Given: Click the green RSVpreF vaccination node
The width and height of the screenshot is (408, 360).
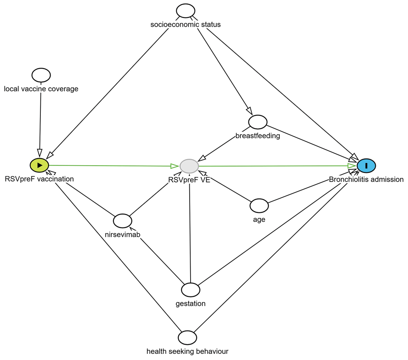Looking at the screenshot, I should point(39,165).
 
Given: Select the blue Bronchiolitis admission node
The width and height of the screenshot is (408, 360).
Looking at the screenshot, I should point(366,166).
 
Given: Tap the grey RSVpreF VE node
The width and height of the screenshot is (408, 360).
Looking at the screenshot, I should point(189,166).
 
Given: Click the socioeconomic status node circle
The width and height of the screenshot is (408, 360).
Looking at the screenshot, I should point(186,11).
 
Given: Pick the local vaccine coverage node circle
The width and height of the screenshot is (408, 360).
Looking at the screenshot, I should point(41,75).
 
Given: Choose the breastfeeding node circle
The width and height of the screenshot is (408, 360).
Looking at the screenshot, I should point(257,121).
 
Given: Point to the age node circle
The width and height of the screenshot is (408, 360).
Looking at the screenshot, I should point(259,205).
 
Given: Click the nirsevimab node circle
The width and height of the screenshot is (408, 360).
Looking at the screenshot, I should point(122,221).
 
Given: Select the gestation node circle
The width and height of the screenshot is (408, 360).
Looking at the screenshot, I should point(191,289).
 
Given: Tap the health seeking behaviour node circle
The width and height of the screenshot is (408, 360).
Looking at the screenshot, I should point(188,338).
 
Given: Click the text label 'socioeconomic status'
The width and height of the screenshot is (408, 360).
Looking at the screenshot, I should point(186,24).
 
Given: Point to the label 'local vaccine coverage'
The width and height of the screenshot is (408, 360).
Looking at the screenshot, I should point(41,88).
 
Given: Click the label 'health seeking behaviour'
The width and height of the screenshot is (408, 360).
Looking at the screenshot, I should point(187,351).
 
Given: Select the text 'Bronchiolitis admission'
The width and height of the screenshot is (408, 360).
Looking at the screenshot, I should point(366,179).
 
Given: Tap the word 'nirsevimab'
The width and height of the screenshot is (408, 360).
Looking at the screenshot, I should point(122,234).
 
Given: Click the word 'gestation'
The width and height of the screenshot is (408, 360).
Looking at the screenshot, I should point(190,303).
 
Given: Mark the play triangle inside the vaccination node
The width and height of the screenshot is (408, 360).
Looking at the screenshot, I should point(40,165).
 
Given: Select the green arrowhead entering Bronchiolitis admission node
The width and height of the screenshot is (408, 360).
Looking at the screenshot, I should point(352,166).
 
